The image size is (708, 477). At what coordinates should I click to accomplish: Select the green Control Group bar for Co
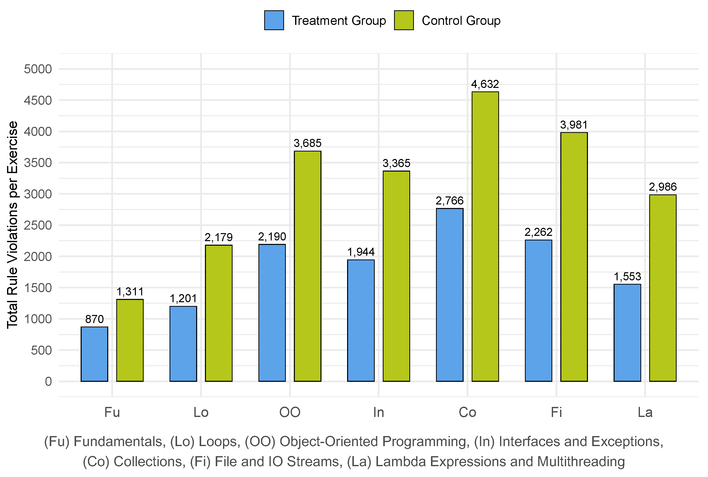tap(485, 236)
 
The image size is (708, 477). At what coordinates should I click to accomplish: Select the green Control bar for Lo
tap(219, 313)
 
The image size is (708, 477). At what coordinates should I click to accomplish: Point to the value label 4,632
tap(485, 84)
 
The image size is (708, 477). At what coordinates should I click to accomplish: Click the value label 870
tap(94, 319)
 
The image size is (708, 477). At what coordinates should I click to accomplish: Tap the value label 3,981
tap(574, 125)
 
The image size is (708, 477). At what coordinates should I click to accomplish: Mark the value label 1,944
tap(361, 252)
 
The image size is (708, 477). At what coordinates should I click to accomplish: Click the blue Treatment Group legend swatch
tap(274, 20)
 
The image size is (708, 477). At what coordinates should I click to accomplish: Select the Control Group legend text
tap(461, 21)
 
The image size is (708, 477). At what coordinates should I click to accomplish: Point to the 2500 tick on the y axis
tap(38, 225)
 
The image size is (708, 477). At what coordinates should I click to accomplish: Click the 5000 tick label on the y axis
tap(38, 69)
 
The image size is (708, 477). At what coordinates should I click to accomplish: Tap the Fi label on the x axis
tap(556, 412)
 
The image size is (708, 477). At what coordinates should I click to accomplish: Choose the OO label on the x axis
tap(290, 412)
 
